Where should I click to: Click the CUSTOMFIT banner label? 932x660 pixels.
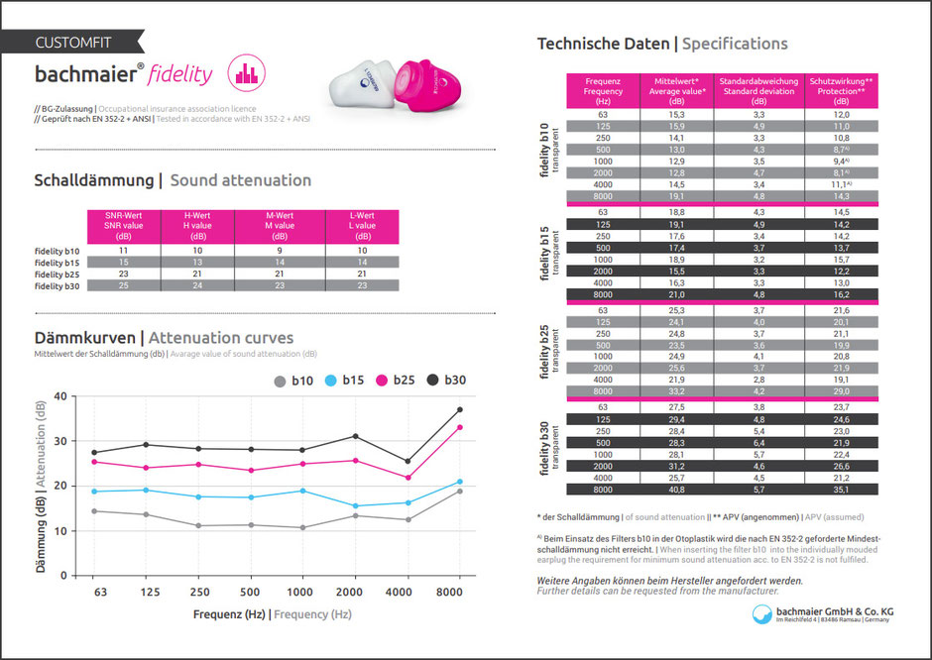(x=72, y=43)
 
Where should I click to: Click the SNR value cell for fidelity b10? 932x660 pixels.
(x=123, y=250)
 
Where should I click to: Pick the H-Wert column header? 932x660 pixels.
(x=196, y=225)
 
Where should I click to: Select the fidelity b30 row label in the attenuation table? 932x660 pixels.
(x=58, y=285)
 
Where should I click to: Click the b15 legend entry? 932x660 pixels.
(x=343, y=380)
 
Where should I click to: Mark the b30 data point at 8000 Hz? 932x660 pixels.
(x=460, y=409)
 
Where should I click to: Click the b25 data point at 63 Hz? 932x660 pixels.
(x=94, y=462)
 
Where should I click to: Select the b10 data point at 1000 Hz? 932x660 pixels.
(x=301, y=527)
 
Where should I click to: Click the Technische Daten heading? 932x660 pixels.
(x=602, y=44)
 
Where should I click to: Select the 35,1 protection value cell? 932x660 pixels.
(x=841, y=489)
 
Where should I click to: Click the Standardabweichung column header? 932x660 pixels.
(x=758, y=91)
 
